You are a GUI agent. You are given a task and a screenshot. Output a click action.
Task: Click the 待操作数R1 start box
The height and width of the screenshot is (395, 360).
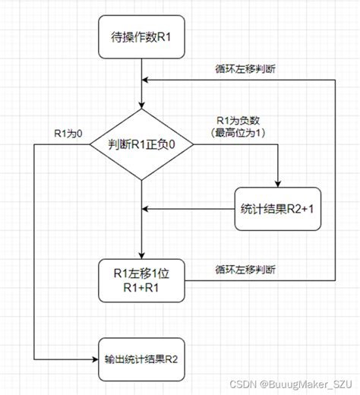point(142,37)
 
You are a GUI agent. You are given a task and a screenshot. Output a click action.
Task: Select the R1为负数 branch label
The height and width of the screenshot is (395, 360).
point(237,120)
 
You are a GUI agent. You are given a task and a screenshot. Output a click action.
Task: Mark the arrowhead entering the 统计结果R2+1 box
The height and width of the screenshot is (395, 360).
point(278,182)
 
